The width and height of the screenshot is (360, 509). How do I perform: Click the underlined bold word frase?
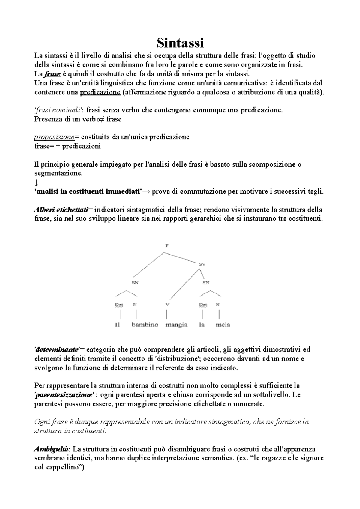[53, 74]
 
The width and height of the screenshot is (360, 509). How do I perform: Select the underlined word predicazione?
[100, 92]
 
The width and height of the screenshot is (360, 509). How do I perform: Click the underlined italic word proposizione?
[54, 137]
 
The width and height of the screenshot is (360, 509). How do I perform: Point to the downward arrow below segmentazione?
[36, 183]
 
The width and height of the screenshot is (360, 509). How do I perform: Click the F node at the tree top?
[167, 246]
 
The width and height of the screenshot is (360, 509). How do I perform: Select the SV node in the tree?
[202, 264]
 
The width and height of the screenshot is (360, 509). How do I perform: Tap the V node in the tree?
[167, 305]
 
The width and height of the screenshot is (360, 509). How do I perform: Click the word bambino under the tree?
[145, 325]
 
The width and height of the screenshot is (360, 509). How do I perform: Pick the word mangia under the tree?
[176, 325]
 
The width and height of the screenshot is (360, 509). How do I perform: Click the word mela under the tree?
[223, 325]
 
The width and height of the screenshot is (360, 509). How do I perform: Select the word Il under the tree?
[117, 325]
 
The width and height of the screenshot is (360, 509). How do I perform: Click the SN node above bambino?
[135, 283]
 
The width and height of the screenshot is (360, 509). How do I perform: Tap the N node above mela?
[218, 305]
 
